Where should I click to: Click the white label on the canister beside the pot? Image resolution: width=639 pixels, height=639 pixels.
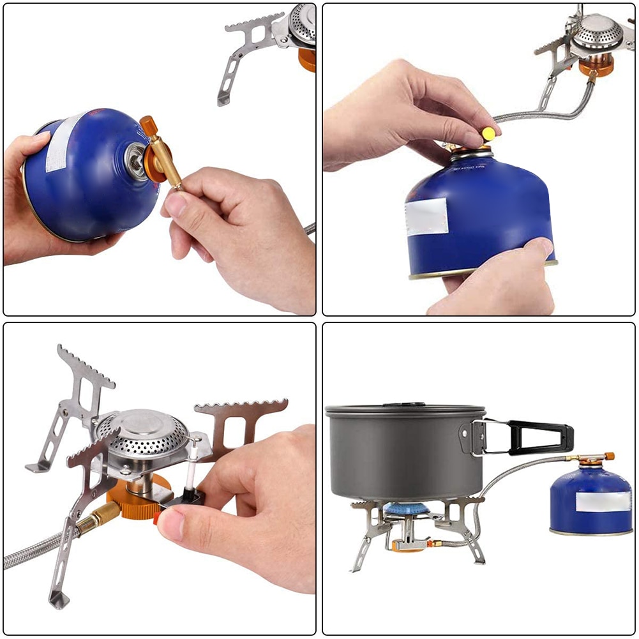click(603, 501)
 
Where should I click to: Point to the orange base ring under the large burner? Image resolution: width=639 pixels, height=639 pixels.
click(137, 498)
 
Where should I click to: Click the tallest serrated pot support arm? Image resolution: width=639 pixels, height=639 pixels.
click(83, 383)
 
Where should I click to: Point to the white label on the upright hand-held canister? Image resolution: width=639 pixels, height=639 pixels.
click(426, 216)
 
